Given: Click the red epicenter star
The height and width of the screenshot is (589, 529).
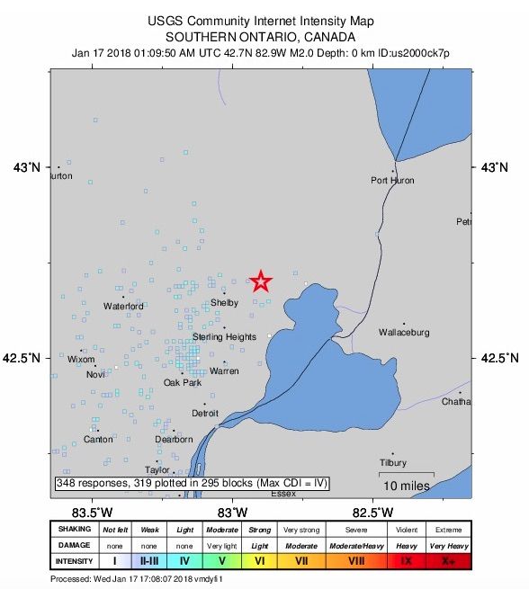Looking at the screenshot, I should (260, 281).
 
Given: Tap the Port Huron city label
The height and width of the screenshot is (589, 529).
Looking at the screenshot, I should (392, 181).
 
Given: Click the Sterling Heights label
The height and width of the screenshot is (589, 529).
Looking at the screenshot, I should (224, 337).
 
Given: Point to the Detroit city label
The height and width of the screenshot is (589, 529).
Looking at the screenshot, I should (205, 414).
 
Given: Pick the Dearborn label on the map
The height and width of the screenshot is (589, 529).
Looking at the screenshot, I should (174, 440).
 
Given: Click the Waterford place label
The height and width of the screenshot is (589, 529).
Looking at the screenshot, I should (123, 307).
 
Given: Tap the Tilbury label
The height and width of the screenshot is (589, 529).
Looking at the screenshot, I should (393, 463).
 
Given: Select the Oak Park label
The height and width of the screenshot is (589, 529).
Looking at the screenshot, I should (183, 383).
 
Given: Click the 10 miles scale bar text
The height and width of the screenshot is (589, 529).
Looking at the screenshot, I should (406, 486).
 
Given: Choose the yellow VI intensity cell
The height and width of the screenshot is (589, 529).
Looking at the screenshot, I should (259, 560).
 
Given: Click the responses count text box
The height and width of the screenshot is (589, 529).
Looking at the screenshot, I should (192, 484).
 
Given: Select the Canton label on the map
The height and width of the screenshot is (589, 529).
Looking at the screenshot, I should (98, 440).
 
